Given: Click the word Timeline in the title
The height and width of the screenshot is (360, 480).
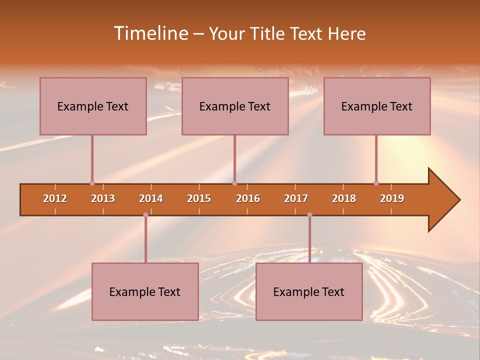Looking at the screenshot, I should [150, 33].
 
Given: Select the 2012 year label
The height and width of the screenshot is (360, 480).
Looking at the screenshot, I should [55, 198].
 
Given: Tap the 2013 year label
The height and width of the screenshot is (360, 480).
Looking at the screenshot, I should [103, 198].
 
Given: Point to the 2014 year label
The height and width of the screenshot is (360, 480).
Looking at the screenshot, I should [151, 198].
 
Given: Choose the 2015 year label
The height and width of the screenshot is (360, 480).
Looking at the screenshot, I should [199, 198].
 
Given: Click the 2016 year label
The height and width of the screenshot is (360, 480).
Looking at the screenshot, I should [248, 198].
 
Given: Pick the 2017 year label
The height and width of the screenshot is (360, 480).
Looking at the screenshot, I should [296, 198].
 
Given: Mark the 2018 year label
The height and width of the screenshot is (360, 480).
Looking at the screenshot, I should [344, 198].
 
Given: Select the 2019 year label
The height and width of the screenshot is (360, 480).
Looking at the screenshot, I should [392, 198].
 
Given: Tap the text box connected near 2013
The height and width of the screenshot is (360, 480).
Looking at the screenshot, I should [93, 106].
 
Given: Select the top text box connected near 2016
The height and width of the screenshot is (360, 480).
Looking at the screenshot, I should [235, 106].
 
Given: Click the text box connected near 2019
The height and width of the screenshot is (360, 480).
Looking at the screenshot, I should [377, 106].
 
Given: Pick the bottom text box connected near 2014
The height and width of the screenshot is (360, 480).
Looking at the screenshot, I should [145, 291].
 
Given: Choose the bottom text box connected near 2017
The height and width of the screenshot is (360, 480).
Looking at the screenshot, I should [309, 291].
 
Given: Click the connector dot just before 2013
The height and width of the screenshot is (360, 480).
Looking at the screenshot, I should [92, 183].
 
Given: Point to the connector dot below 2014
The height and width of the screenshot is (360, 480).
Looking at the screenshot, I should [145, 215].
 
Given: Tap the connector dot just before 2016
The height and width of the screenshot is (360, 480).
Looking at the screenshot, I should [234, 183].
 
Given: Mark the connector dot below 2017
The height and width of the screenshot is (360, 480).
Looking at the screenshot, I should [309, 215].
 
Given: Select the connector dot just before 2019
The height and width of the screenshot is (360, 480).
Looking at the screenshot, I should [376, 183].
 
